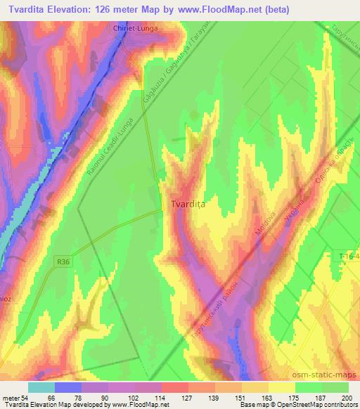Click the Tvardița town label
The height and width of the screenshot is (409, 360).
click(x=187, y=204)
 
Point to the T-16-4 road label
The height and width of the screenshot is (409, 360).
click(x=345, y=258)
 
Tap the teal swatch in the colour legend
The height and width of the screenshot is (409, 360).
click(x=41, y=387)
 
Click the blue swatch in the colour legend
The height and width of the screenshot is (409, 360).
click(x=68, y=387)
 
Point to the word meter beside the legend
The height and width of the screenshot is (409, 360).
click(x=9, y=398)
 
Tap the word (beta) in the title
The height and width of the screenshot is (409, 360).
click(x=274, y=10)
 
